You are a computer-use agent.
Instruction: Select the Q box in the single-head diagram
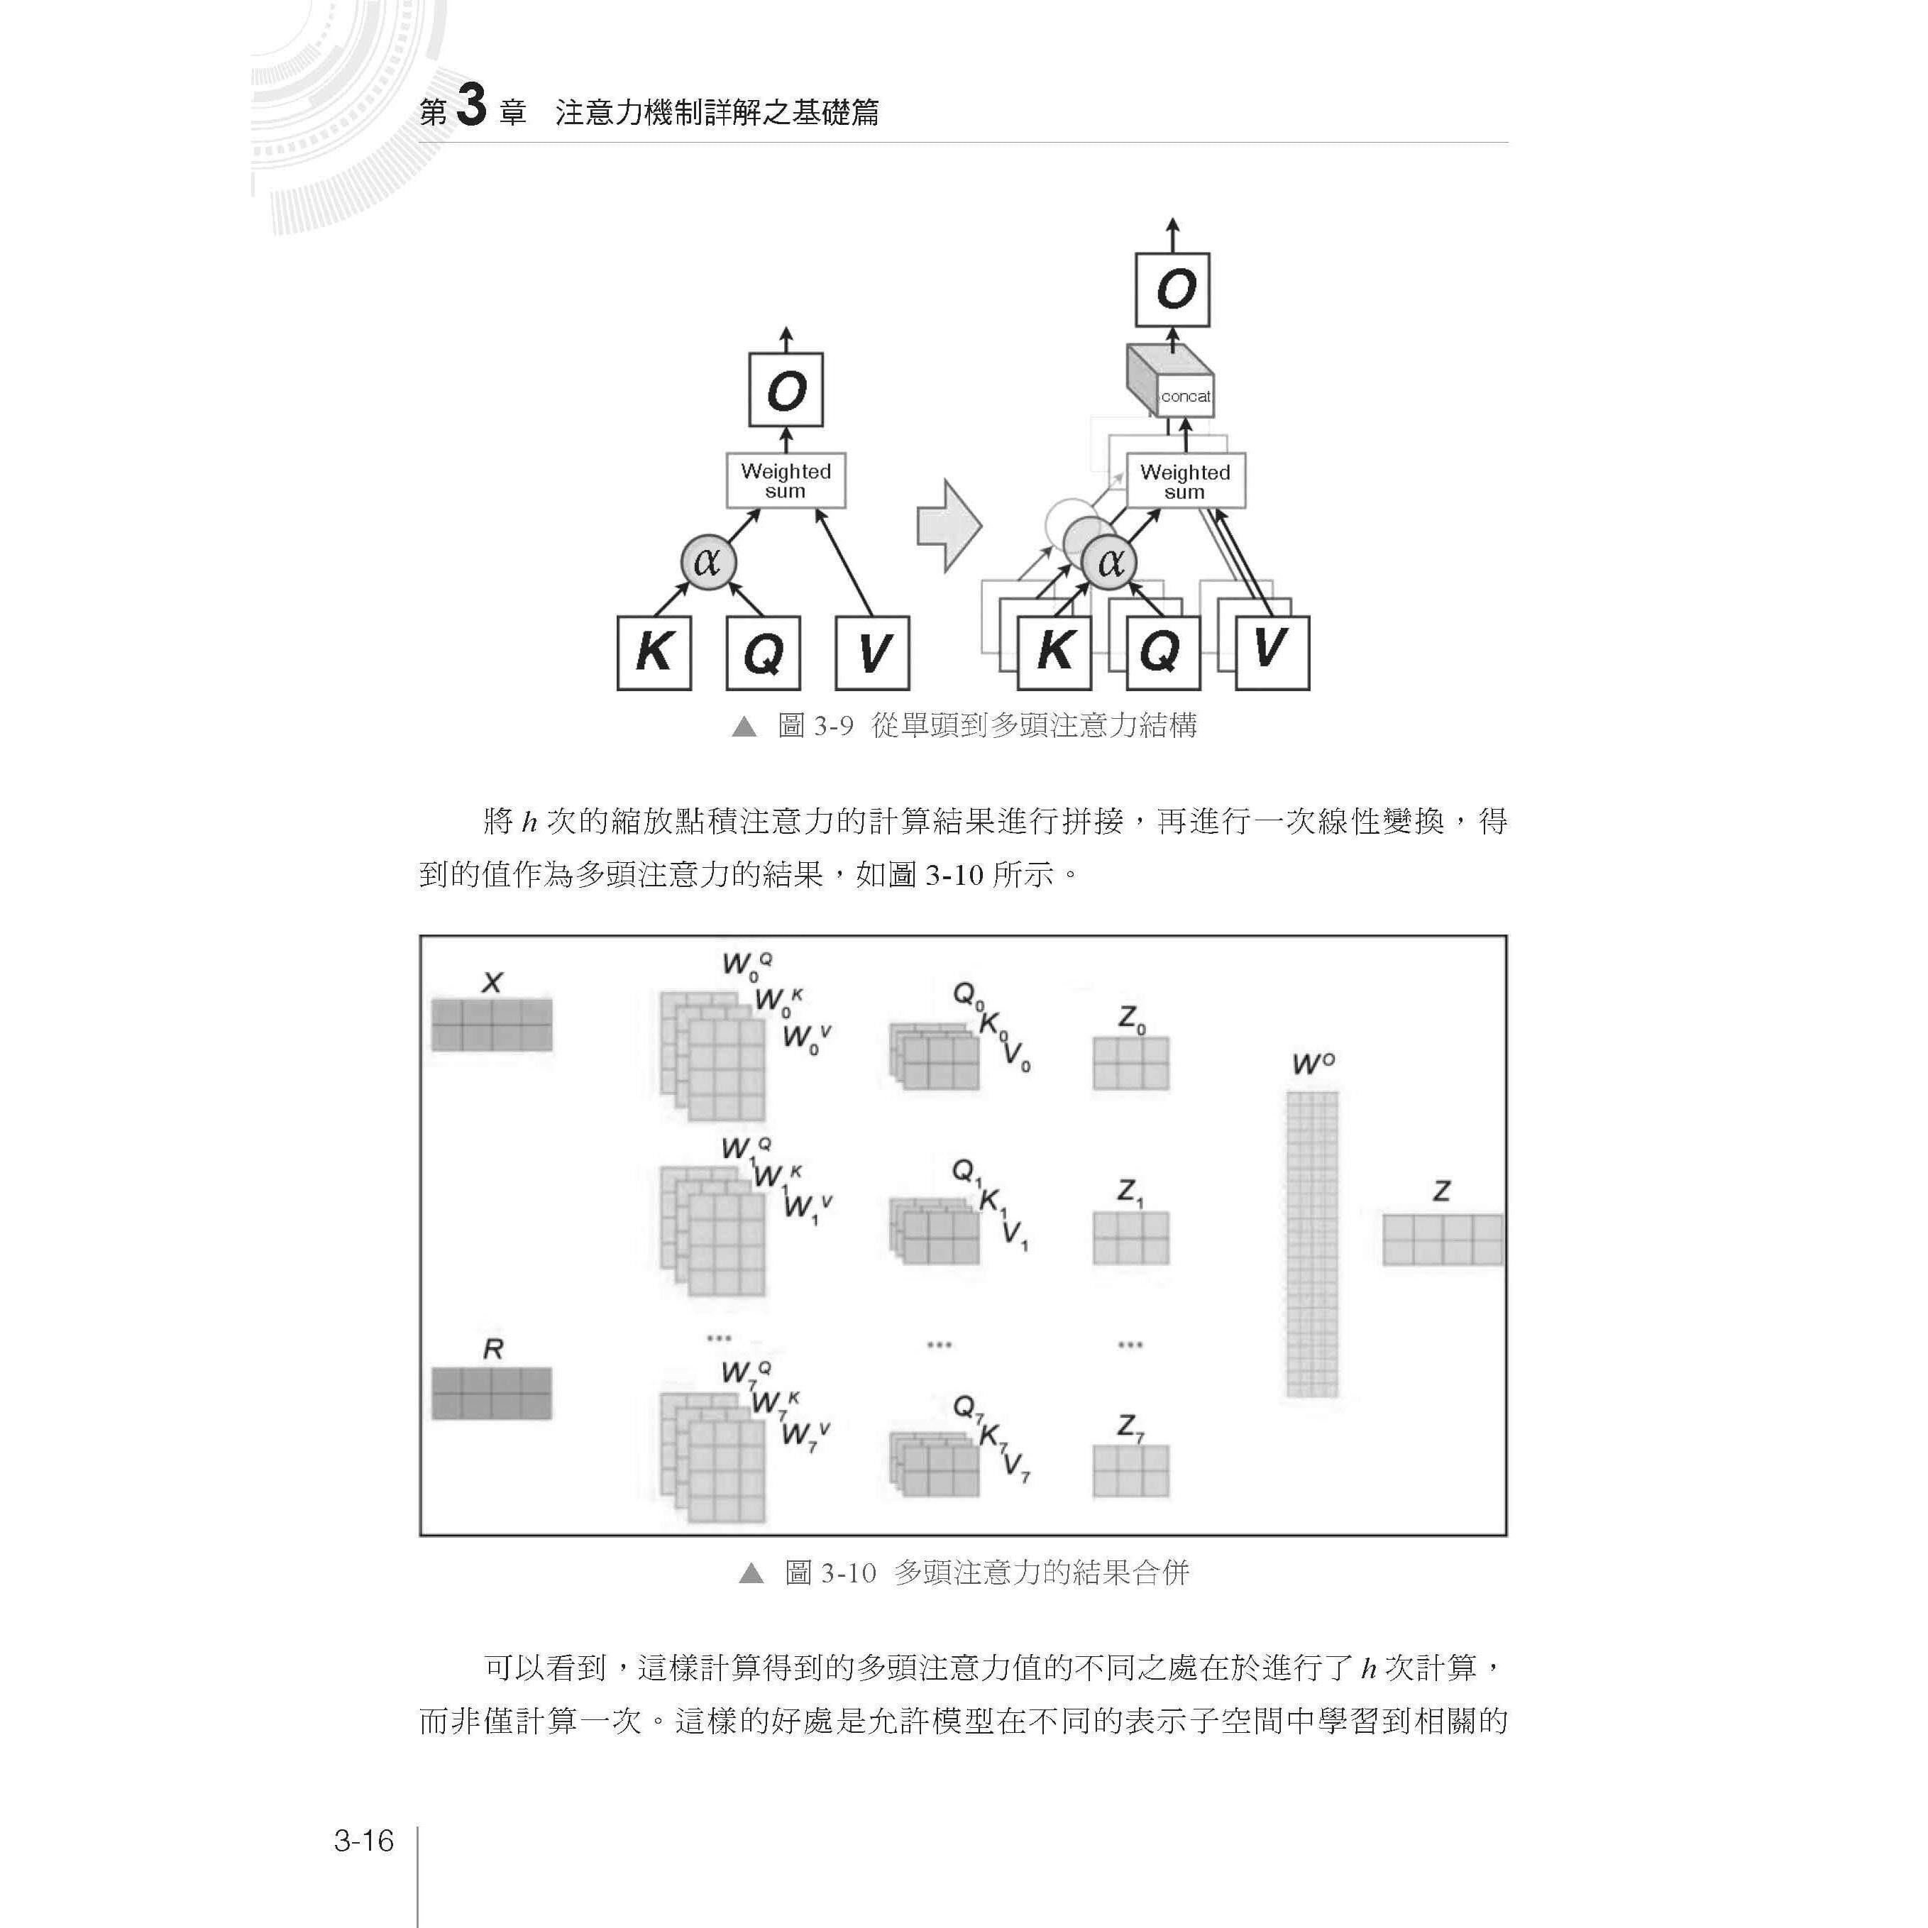(764, 654)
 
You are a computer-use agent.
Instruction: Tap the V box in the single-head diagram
(872, 654)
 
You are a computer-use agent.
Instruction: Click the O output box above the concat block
(1172, 290)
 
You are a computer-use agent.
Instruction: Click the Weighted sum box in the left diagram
(786, 481)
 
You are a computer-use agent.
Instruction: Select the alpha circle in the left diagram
(707, 562)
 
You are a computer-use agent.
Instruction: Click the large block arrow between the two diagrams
(948, 526)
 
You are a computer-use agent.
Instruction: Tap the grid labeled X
(491, 1025)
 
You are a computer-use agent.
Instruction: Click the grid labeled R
(491, 1393)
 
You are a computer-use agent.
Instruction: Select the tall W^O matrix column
(1311, 1243)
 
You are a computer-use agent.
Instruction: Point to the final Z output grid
(1442, 1240)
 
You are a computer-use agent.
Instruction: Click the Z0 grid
(1130, 1063)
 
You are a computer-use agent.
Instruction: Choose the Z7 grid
(1130, 1471)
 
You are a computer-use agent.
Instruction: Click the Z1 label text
(1130, 1191)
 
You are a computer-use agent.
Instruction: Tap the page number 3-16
(364, 1840)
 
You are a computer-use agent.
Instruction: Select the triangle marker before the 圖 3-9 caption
(744, 727)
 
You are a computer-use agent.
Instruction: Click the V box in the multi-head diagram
(1272, 654)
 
